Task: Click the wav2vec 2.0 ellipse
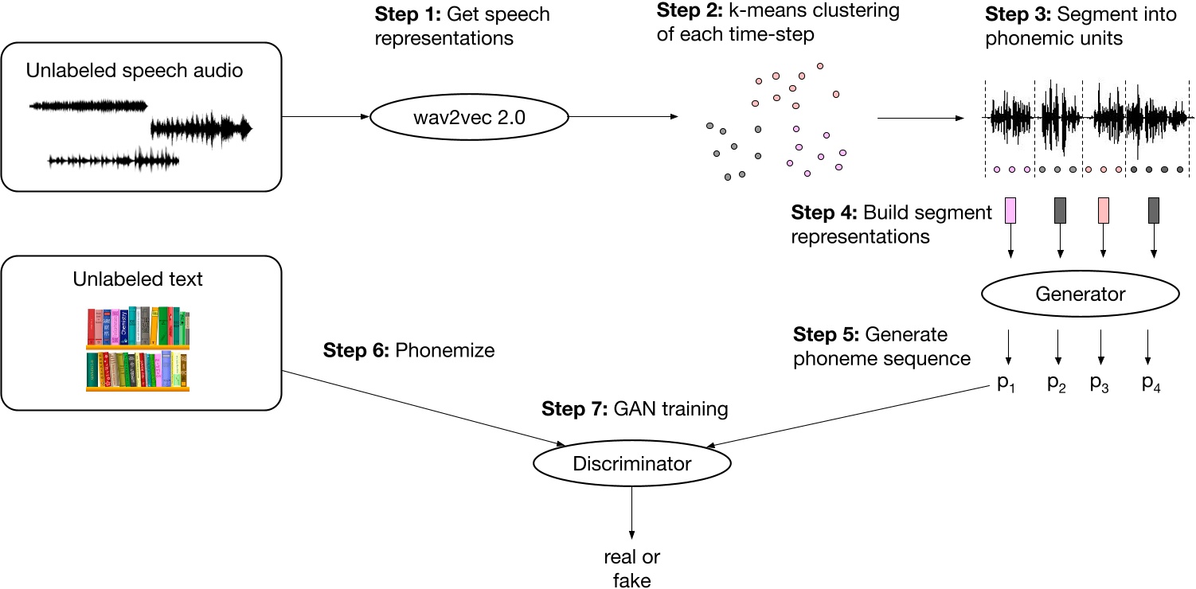tap(469, 118)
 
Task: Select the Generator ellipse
tap(1080, 294)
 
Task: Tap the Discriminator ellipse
tap(631, 463)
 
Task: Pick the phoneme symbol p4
tap(1151, 384)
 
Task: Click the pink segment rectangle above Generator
tap(1010, 210)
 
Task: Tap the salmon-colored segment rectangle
tap(1103, 210)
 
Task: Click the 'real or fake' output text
tap(631, 568)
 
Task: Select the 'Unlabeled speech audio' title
tap(135, 71)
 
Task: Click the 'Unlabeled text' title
tap(138, 279)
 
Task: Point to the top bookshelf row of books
tap(138, 327)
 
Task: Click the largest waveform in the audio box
tap(201, 128)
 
